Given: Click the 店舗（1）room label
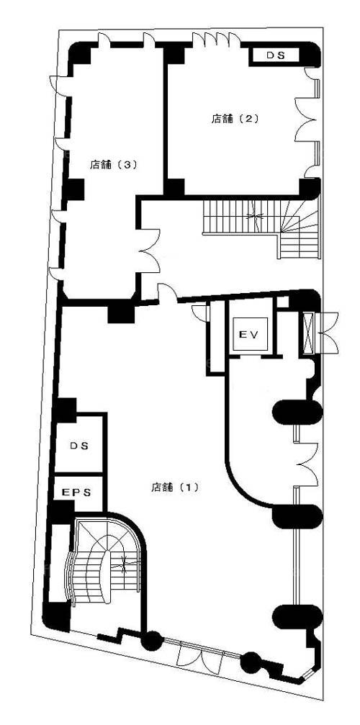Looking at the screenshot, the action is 175,487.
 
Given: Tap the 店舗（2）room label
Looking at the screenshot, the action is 234,119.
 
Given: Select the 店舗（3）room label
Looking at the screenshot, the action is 114,164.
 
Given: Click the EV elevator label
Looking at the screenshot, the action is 250,333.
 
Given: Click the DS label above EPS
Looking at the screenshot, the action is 79,446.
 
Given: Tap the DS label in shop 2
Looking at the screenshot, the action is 276,55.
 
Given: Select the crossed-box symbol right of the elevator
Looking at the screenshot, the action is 307,333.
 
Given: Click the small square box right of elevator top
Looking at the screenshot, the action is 283,303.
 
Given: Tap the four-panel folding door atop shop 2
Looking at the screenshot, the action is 216,40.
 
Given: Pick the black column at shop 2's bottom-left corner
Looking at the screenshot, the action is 175,187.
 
